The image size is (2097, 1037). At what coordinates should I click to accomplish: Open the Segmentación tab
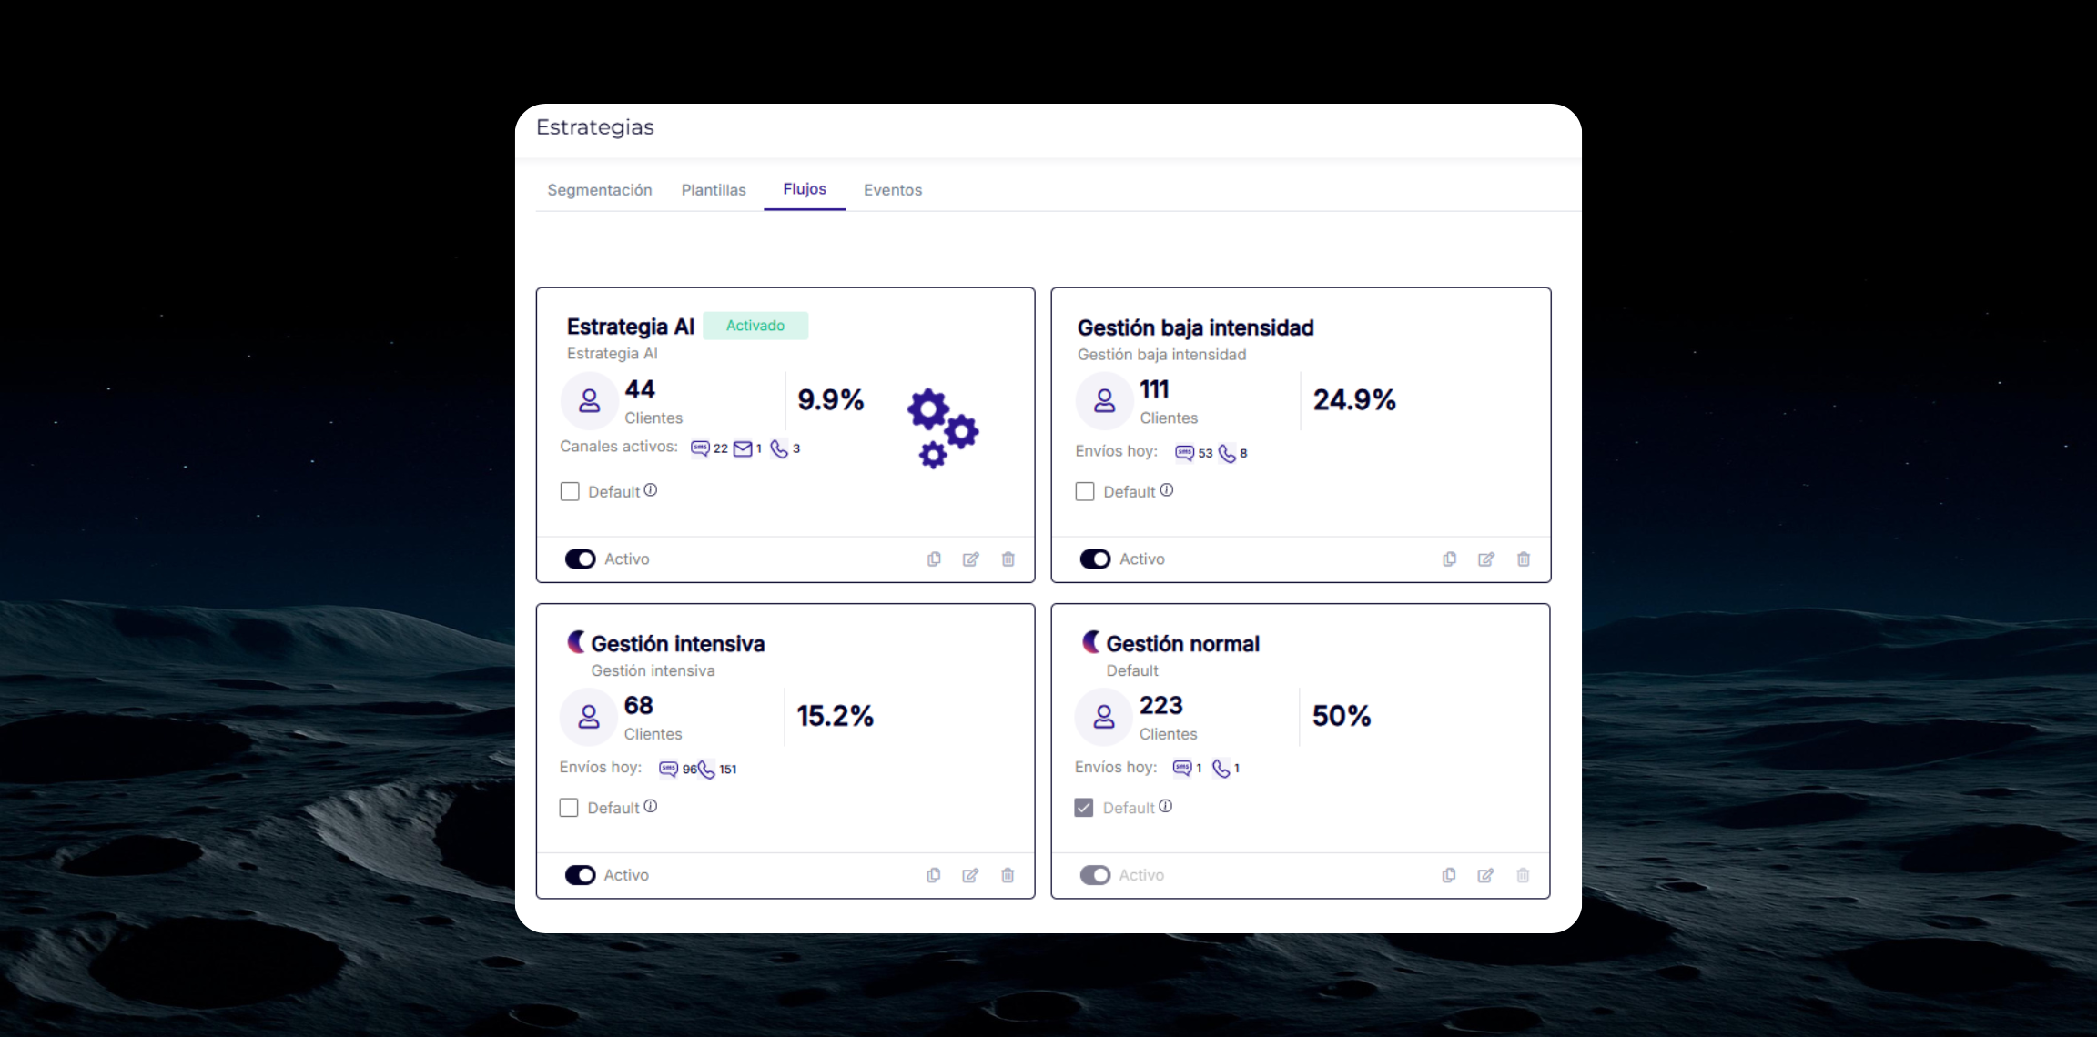pyautogui.click(x=600, y=190)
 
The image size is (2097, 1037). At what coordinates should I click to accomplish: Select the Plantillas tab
pyautogui.click(x=714, y=190)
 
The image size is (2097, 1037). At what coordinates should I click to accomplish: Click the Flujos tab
pyautogui.click(x=805, y=189)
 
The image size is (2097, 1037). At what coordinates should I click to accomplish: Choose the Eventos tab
pyautogui.click(x=893, y=190)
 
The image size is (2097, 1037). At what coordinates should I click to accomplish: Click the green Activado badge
pyautogui.click(x=755, y=326)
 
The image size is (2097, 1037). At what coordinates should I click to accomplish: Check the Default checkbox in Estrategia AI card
pyautogui.click(x=570, y=492)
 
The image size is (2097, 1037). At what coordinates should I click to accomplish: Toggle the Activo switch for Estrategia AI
pyautogui.click(x=580, y=559)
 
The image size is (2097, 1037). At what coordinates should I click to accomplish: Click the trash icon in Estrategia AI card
pyautogui.click(x=1008, y=559)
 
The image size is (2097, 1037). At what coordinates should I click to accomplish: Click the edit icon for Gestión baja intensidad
pyautogui.click(x=1486, y=559)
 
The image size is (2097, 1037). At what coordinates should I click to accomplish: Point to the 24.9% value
pyautogui.click(x=1354, y=400)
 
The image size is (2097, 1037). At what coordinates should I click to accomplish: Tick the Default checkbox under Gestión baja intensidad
pyautogui.click(x=1085, y=492)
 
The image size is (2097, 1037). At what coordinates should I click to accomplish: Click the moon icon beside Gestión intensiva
pyautogui.click(x=576, y=642)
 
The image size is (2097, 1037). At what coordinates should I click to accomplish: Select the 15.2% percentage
pyautogui.click(x=835, y=717)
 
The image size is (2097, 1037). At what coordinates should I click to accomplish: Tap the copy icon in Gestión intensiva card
pyautogui.click(x=934, y=875)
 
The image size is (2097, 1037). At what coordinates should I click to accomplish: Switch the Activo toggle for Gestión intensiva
pyautogui.click(x=580, y=875)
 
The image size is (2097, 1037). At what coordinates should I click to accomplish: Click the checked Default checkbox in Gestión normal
pyautogui.click(x=1084, y=808)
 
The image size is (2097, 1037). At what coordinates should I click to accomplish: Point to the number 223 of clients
pyautogui.click(x=1160, y=706)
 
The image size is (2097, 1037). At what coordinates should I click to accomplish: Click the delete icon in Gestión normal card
pyautogui.click(x=1523, y=875)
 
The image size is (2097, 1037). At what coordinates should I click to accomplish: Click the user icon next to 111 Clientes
pyautogui.click(x=1105, y=400)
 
